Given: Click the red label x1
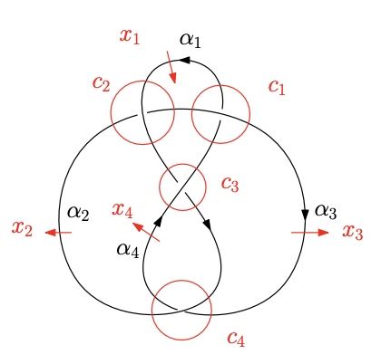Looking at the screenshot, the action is [130, 36].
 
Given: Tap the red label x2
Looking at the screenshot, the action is [22, 228].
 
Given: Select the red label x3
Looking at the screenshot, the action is [353, 232].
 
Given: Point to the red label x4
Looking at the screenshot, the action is [122, 210].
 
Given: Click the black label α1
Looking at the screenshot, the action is [190, 40].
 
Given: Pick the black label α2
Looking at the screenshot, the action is [78, 213].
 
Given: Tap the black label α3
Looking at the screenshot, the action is [326, 211].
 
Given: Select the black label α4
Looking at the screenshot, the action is [128, 250].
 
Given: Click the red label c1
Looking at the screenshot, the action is [277, 87].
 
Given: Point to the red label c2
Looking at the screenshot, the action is [102, 83].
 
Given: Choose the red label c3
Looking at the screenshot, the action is [230, 184].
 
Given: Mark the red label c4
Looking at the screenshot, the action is [236, 338].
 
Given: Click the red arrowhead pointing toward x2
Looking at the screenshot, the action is [50, 233].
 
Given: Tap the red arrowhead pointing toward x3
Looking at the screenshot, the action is [323, 233].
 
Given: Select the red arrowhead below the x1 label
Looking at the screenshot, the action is [172, 78].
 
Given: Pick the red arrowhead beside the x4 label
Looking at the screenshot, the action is [138, 226].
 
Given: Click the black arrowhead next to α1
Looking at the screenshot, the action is [184, 60].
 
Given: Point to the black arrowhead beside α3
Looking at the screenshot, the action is [305, 215].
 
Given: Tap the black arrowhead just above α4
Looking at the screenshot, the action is [159, 220].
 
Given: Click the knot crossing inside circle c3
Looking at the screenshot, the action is [181, 187].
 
